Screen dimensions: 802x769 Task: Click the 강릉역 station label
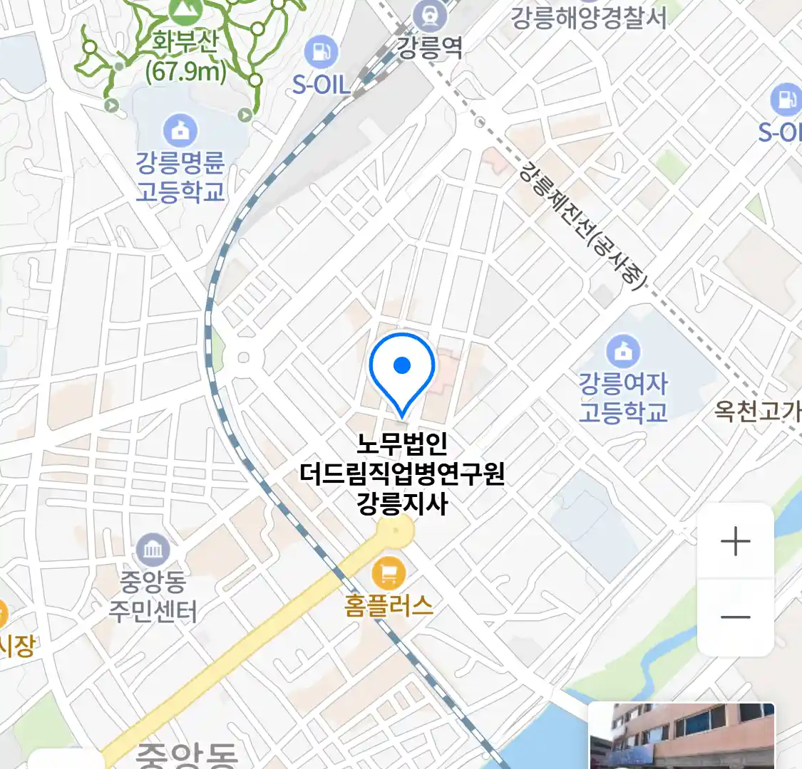point(430,48)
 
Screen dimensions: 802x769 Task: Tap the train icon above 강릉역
point(430,15)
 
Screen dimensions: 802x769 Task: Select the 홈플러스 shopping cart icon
point(389,572)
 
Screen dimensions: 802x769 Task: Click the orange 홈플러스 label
point(389,605)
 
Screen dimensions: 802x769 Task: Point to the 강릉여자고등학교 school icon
point(623,350)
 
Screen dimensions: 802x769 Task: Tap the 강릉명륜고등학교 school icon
point(180,130)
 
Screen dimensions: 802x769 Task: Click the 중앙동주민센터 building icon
point(153,549)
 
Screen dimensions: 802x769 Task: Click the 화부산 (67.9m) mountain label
point(185,57)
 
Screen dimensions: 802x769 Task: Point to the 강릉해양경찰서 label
point(589,17)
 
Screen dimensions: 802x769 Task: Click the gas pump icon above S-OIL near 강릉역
point(322,52)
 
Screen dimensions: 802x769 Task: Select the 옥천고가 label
point(757,412)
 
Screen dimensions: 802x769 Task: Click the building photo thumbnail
point(682,735)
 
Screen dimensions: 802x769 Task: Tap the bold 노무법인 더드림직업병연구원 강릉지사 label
point(402,474)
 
